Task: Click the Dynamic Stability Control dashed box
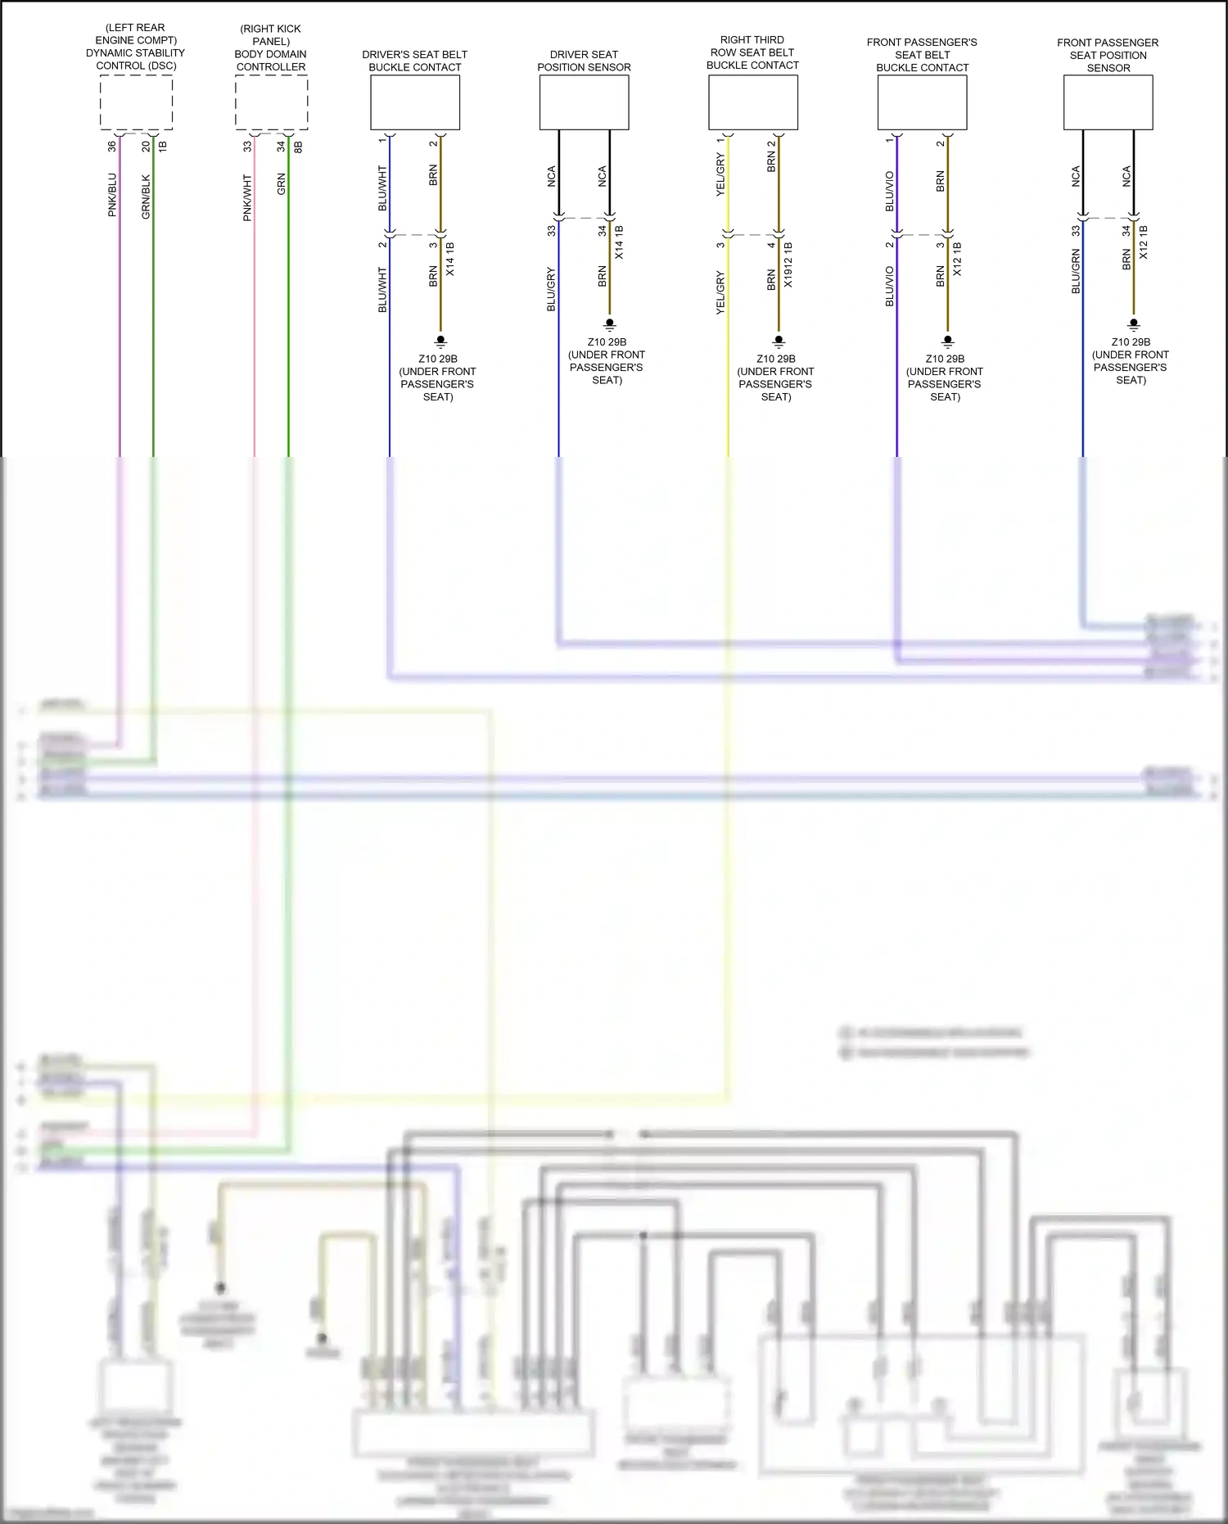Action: coord(136,102)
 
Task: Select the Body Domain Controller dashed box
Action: coord(271,102)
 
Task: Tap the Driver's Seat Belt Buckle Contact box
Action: coord(415,102)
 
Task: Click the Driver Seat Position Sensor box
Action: coord(584,102)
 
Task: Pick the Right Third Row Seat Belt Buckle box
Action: coord(752,102)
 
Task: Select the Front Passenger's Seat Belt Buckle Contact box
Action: coord(922,102)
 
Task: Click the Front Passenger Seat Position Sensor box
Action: coord(1108,102)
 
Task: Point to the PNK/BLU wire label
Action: coord(112,195)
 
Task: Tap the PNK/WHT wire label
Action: coord(247,197)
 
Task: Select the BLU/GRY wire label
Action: coord(551,289)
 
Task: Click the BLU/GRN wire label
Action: coord(1076,272)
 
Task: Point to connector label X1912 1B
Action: coord(788,265)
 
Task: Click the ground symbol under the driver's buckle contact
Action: coord(440,340)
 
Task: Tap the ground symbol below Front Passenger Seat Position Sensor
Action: coord(1134,324)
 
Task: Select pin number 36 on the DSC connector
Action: coord(112,147)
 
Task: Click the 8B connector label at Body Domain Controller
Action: coord(298,147)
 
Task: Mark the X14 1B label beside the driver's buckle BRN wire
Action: coord(449,259)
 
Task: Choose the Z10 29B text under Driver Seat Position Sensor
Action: coord(607,342)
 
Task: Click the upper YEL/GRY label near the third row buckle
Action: coord(720,175)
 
